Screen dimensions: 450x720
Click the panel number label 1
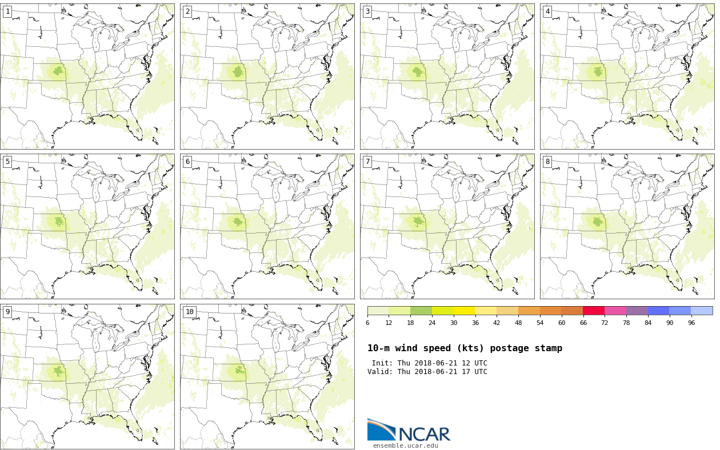pos(7,11)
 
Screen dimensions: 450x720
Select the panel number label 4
pos(547,11)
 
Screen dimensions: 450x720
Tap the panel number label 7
pos(367,162)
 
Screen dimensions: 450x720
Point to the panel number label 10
pos(190,312)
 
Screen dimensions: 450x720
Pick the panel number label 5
pos(7,162)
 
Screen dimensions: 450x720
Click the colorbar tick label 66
pos(583,323)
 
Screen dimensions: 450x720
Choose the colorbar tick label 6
pos(367,323)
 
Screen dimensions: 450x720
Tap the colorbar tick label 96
pos(691,323)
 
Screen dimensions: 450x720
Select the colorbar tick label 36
pos(475,323)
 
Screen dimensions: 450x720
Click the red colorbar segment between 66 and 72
pos(594,311)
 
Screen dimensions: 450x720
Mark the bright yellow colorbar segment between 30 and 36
pos(464,311)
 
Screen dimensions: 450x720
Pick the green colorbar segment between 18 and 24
pos(421,311)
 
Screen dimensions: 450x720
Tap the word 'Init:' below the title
pos(382,363)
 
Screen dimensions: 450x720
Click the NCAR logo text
pos(424,434)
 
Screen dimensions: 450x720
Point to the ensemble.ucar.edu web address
pos(405,446)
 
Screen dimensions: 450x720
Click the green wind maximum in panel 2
pos(238,72)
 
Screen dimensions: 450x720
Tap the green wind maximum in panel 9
pos(58,371)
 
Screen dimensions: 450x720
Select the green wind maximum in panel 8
pos(598,222)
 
